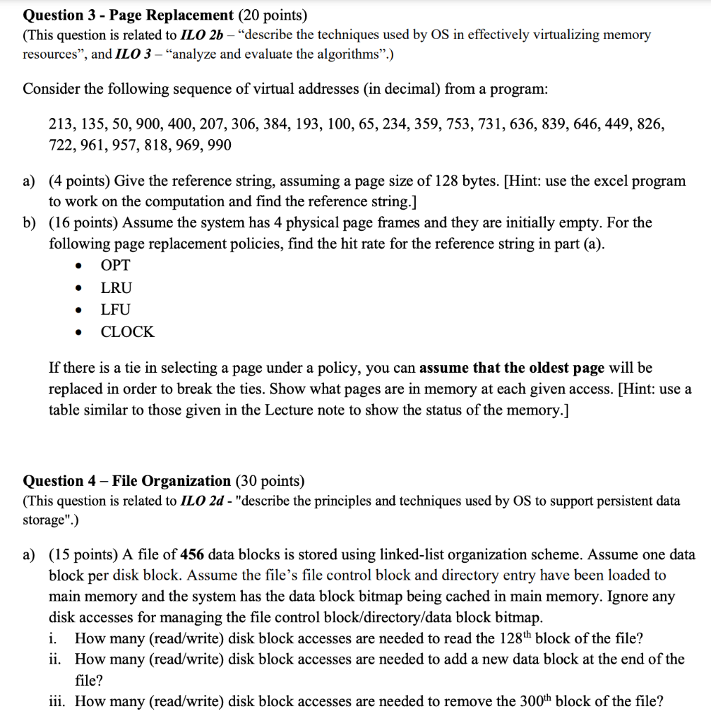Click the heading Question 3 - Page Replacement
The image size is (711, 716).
pos(128,15)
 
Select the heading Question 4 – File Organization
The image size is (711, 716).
pos(127,480)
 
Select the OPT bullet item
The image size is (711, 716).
pos(115,265)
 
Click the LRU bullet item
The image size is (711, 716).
pos(116,287)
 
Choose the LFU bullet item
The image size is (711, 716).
pos(115,309)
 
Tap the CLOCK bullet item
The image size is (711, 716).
pos(127,331)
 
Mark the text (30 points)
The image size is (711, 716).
pos(269,480)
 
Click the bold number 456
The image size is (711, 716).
pos(192,554)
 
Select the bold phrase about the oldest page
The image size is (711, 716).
pos(512,367)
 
